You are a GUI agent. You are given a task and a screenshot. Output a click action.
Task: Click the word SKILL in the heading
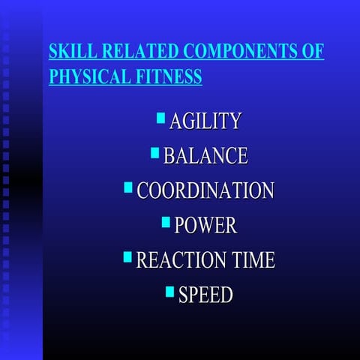(x=67, y=52)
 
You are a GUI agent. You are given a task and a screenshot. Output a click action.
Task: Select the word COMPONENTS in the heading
(x=239, y=52)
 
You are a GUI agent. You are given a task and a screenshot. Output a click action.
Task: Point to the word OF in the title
(x=313, y=52)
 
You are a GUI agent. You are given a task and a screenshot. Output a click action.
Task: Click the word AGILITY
(x=205, y=121)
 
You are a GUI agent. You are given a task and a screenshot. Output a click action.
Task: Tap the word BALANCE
(x=205, y=156)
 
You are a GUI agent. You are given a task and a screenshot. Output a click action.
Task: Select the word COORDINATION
(x=205, y=190)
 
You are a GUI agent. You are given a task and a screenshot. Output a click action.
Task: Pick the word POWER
(x=205, y=225)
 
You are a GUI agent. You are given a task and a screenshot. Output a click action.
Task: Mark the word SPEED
(x=205, y=295)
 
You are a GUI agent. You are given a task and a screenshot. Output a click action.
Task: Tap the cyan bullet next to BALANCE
(x=154, y=152)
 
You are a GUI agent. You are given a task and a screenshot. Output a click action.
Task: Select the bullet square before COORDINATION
(x=127, y=187)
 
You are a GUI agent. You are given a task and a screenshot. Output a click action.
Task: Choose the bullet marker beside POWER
(x=166, y=222)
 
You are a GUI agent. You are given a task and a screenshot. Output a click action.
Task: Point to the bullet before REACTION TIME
(x=127, y=256)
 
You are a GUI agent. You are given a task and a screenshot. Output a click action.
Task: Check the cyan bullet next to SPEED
(x=169, y=291)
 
